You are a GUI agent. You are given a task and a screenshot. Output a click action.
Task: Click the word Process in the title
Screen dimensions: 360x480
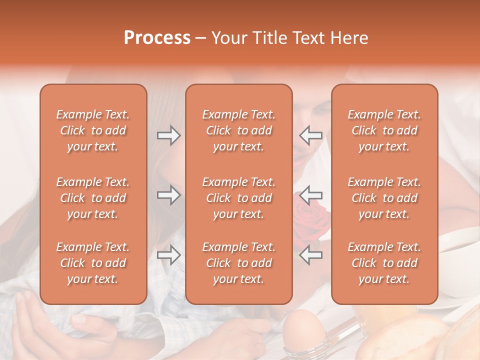pyautogui.click(x=157, y=38)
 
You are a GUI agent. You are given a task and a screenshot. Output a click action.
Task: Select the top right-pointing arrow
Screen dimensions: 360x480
pyautogui.click(x=168, y=135)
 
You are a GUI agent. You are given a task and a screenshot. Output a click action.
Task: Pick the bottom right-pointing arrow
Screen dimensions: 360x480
pyautogui.click(x=168, y=255)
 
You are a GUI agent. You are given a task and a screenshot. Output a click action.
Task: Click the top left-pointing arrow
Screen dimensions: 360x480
pyautogui.click(x=310, y=135)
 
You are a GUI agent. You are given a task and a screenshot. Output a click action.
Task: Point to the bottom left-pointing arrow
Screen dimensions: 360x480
pyautogui.click(x=310, y=255)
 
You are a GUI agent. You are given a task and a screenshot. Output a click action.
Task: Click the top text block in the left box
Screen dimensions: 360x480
pyautogui.click(x=93, y=130)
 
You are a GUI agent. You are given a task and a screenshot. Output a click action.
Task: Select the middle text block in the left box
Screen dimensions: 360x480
pyautogui.click(x=93, y=198)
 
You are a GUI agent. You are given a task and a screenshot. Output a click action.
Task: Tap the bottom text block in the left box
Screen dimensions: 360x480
pyautogui.click(x=93, y=263)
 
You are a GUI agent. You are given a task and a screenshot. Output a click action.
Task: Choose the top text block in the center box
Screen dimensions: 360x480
pyautogui.click(x=239, y=130)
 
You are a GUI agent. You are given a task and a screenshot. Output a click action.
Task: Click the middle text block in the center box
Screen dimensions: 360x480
pyautogui.click(x=239, y=198)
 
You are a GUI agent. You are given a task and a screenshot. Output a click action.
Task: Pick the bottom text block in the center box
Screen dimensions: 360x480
pyautogui.click(x=239, y=263)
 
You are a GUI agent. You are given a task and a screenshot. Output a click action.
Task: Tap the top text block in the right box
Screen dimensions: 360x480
pyautogui.click(x=384, y=130)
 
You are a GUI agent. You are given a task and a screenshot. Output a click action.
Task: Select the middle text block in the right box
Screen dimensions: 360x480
pyautogui.click(x=384, y=198)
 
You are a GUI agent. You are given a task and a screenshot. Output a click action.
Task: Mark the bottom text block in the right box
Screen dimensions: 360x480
pyautogui.click(x=384, y=263)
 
